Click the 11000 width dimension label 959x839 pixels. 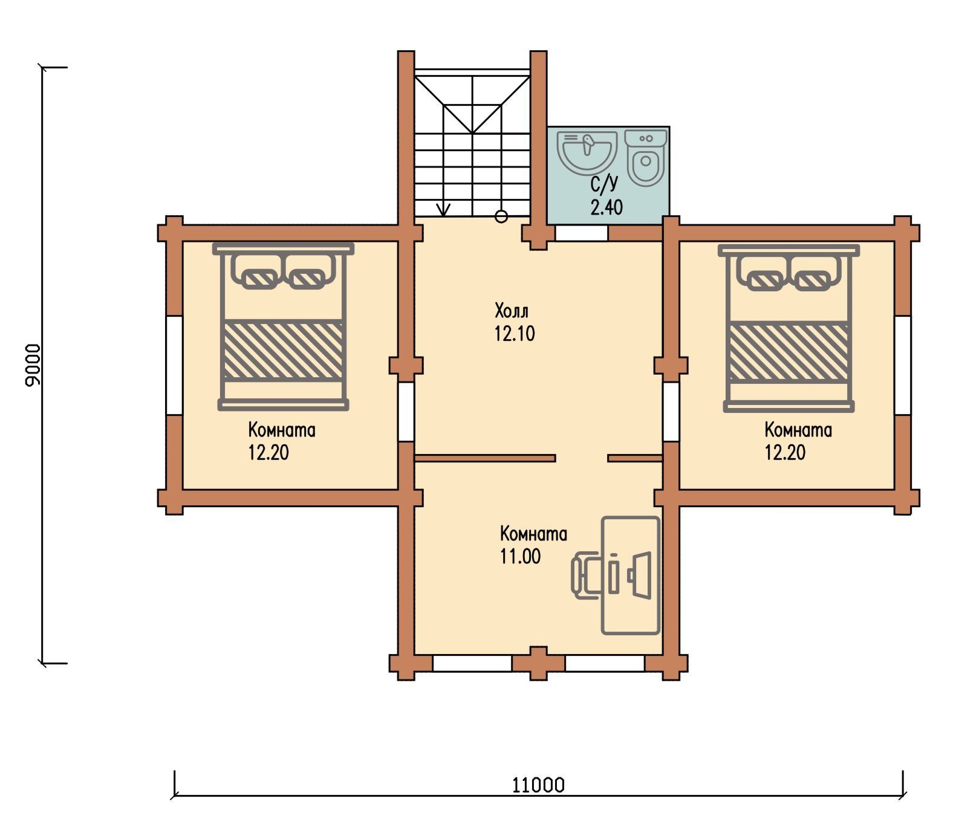(538, 785)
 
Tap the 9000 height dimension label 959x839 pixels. (33, 364)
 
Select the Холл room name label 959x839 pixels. (512, 311)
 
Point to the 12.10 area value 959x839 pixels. (515, 334)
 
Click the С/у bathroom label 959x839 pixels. (605, 183)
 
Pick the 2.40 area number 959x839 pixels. (606, 207)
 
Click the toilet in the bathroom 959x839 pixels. (646, 157)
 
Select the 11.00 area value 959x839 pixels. (520, 556)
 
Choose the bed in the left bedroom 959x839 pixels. (283, 326)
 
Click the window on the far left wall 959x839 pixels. (174, 365)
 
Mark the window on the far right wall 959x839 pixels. (903, 365)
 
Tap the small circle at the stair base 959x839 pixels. (501, 216)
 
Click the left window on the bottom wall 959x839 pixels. (472, 663)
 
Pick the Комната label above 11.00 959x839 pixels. (533, 534)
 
